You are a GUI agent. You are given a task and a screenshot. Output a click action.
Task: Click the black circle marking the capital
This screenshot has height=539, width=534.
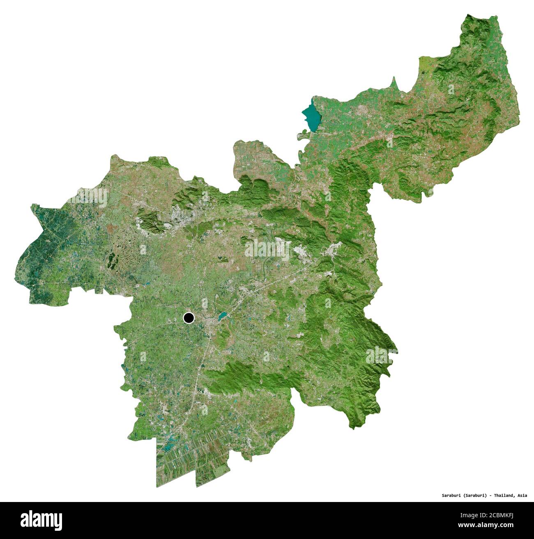coord(189,318)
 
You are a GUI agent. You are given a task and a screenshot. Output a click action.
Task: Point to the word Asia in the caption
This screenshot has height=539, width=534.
coord(522,495)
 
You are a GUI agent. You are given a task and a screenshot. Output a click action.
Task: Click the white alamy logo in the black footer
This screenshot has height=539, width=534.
coord(41,520)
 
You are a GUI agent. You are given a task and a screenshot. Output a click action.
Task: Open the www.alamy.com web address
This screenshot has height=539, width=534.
coord(486,525)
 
